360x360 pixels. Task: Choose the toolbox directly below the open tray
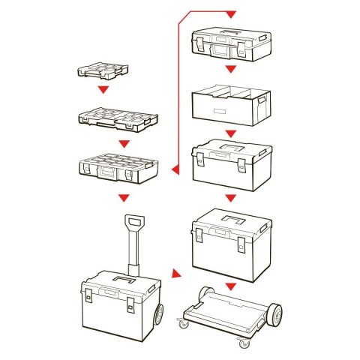click(x=229, y=167)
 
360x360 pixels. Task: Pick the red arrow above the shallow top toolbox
click(x=231, y=15)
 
